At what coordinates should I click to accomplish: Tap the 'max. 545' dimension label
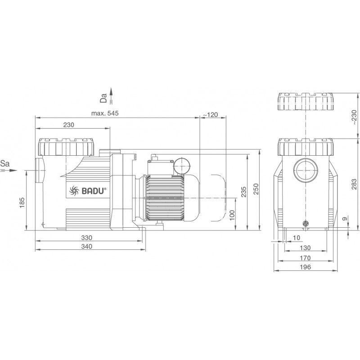[x=105, y=113]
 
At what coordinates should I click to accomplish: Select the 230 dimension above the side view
[x=69, y=125]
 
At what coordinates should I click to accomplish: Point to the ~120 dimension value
[x=211, y=115]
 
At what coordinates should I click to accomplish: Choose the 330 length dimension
[x=86, y=238]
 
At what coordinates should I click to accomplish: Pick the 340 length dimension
[x=86, y=246]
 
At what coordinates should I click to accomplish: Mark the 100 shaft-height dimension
[x=232, y=215]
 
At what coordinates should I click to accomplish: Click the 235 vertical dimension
[x=243, y=192]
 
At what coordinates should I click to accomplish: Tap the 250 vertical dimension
[x=256, y=189]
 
